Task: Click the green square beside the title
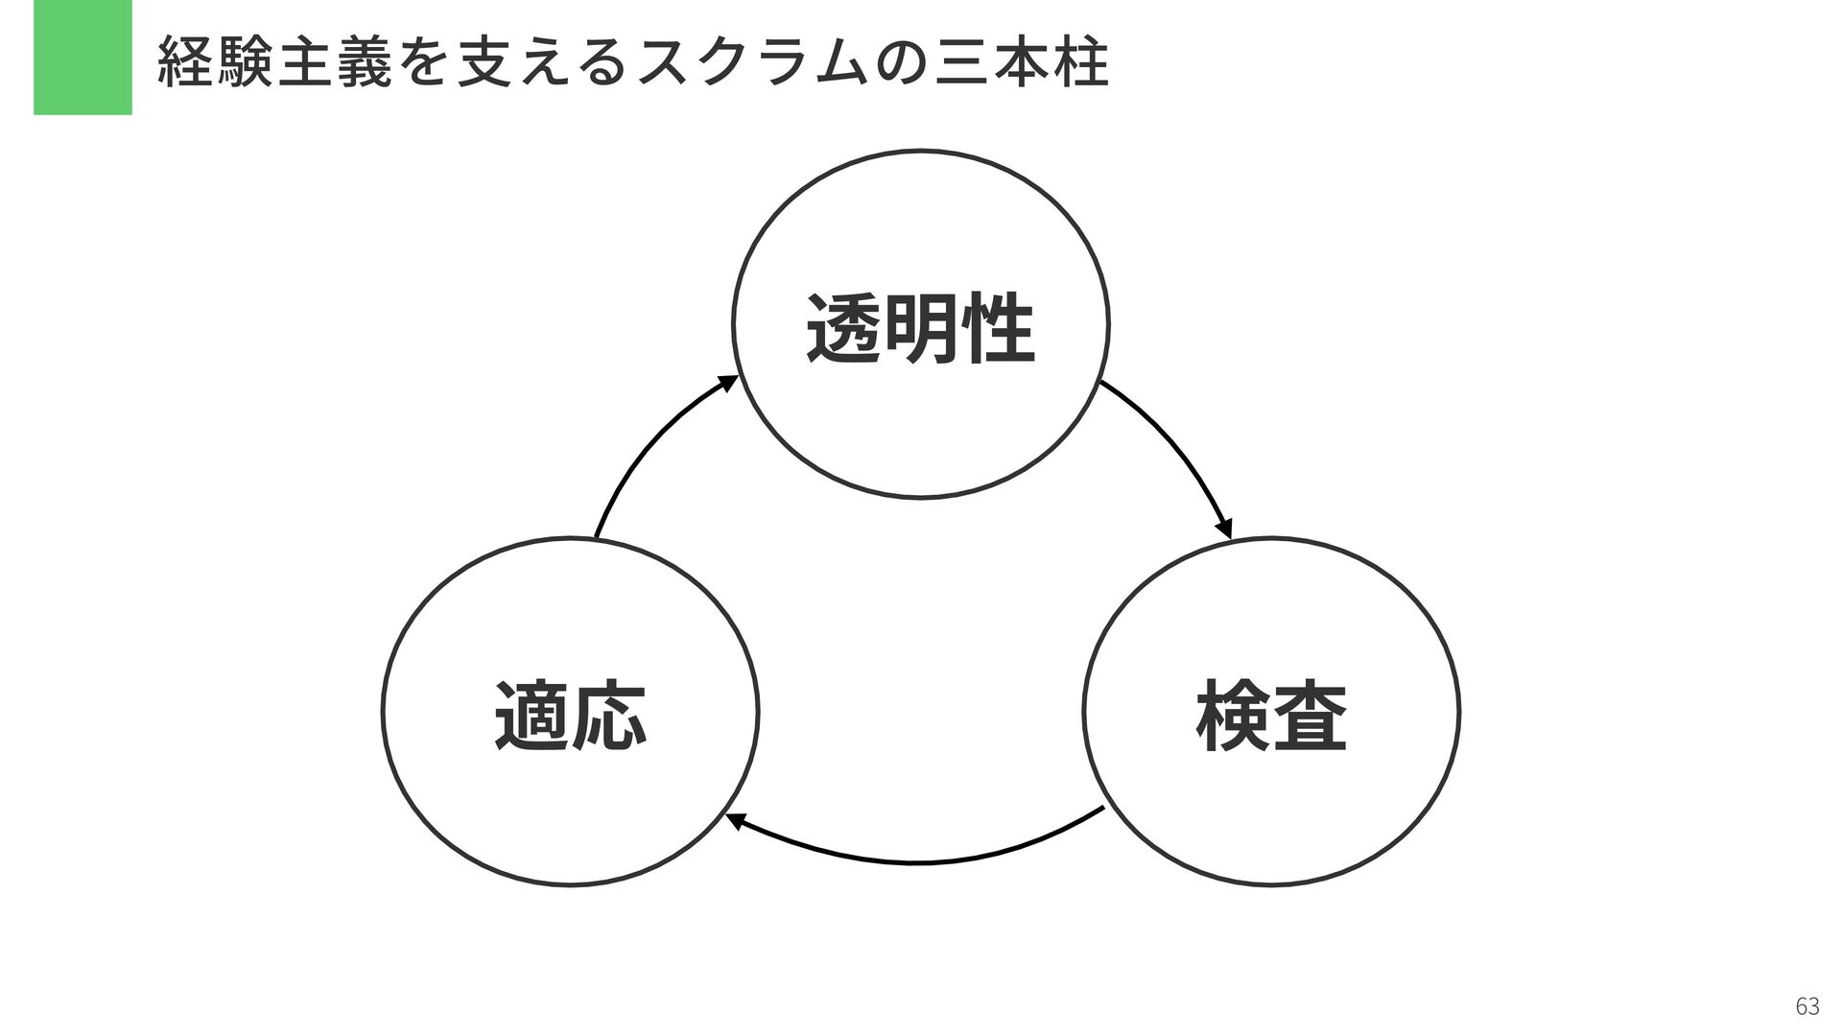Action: [83, 58]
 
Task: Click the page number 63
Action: [1807, 1006]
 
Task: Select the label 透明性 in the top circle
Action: [920, 329]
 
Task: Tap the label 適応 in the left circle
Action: [570, 716]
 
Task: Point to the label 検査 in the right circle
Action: [1271, 716]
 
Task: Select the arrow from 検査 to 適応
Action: [916, 861]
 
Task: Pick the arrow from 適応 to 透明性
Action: [652, 441]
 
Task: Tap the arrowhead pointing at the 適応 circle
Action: [735, 821]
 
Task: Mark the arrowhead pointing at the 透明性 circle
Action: [728, 384]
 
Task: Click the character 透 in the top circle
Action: [843, 329]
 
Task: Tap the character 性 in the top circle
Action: [998, 329]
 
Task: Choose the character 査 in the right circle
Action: [1311, 716]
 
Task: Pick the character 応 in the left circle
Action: [609, 716]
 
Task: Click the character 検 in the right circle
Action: [1233, 716]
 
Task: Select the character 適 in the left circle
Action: [531, 716]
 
